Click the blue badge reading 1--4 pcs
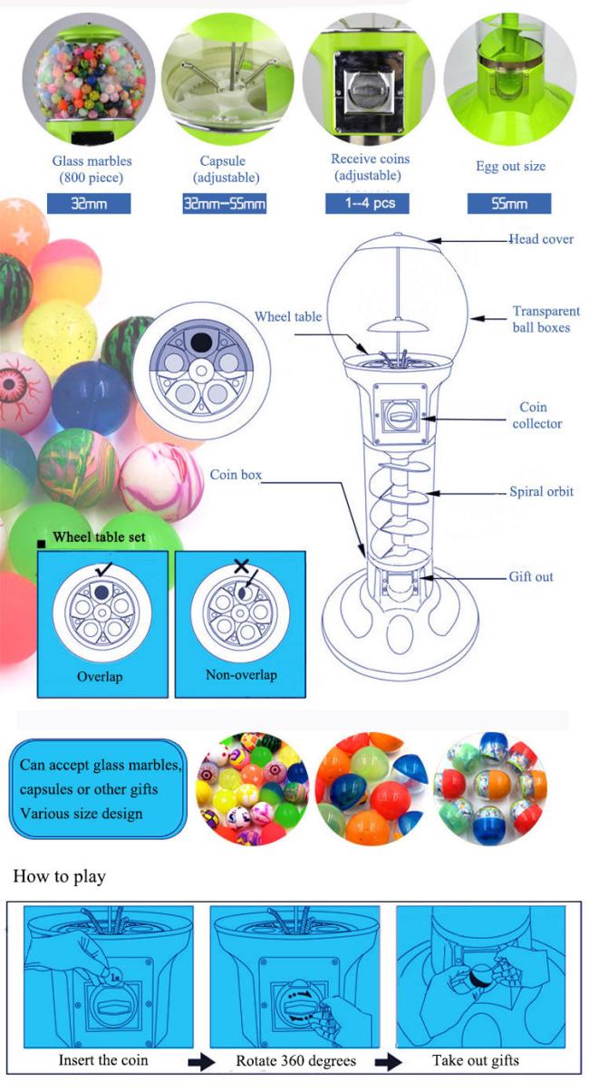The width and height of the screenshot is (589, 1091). tap(367, 203)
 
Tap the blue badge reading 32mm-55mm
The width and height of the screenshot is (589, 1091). tap(224, 204)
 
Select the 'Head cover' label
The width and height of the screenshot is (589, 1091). tap(541, 238)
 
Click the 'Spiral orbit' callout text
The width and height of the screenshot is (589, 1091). tap(541, 491)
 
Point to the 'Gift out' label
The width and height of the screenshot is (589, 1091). tap(531, 576)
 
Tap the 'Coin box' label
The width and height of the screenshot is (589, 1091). tap(236, 475)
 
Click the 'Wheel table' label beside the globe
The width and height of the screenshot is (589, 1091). tap(288, 316)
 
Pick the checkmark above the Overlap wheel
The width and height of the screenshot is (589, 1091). tap(103, 569)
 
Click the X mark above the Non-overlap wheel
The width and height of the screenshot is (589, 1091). tap(241, 566)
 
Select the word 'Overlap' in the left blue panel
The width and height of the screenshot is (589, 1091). tap(100, 676)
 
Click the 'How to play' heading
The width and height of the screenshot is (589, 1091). tap(59, 876)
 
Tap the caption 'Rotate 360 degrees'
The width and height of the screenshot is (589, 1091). tap(295, 1060)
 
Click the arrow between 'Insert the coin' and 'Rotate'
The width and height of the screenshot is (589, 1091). tap(201, 1062)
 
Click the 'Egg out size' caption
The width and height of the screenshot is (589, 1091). tap(510, 166)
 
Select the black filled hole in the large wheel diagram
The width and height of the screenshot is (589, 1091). tap(200, 342)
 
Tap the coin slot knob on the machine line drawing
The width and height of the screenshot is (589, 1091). tap(400, 418)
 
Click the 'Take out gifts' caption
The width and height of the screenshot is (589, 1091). tap(476, 1060)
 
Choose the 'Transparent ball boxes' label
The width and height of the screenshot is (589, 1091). tap(546, 319)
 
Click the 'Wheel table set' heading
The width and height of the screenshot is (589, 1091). tap(99, 536)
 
